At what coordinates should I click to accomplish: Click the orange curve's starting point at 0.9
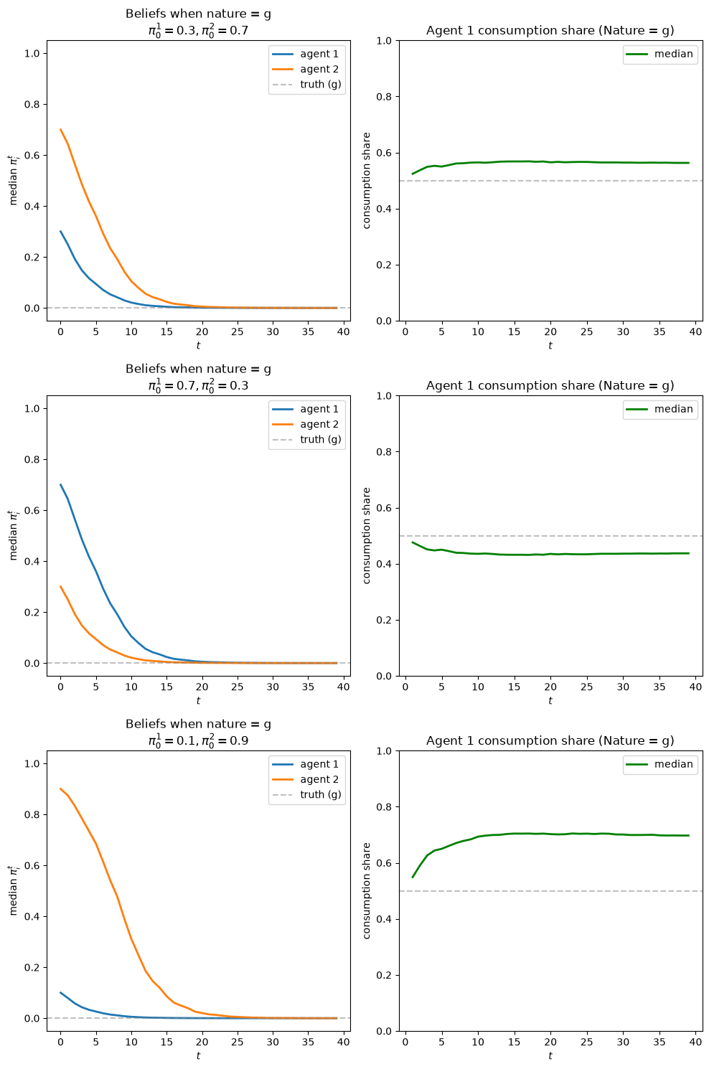coord(60,788)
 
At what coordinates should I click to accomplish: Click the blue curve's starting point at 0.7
coord(60,484)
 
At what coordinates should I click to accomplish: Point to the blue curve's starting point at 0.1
coord(60,992)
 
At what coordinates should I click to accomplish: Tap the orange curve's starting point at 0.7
coord(60,129)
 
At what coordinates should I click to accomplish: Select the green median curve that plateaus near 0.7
coord(550,834)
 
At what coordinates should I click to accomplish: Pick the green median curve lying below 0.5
coord(550,554)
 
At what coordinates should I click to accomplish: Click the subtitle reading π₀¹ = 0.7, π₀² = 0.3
coord(198,385)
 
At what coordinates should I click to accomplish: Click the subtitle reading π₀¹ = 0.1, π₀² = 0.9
coord(198,740)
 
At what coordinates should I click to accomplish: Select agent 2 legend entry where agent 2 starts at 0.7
coord(306,69)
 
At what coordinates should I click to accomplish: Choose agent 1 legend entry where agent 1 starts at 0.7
coord(306,409)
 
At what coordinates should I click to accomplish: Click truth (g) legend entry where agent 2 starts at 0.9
coord(306,794)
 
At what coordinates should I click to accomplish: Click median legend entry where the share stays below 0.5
coord(659,409)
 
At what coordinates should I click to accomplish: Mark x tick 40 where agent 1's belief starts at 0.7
coord(343,687)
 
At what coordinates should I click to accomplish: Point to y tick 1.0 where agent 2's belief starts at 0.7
coord(32,53)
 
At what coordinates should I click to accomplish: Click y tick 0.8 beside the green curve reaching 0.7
coord(383,807)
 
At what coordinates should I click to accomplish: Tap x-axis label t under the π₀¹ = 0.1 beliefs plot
coord(198,1055)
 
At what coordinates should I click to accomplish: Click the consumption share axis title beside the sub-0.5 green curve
coord(366,535)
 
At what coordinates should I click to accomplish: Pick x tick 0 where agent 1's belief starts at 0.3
coord(60,331)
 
